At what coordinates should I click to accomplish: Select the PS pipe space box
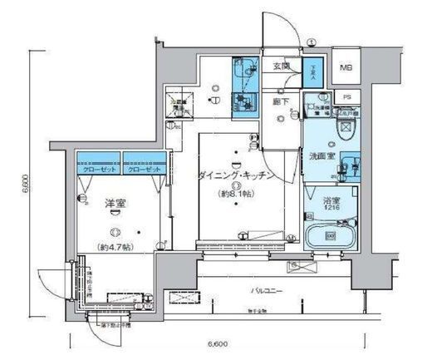[347, 96]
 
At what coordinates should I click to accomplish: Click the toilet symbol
[346, 130]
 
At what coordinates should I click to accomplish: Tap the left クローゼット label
[98, 168]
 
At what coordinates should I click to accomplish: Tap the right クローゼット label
[144, 168]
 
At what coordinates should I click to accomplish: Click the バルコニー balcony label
[268, 291]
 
